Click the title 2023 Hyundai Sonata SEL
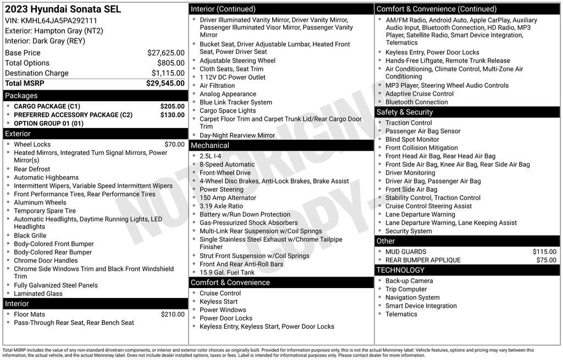pos(63,9)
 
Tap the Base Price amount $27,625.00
pos(165,53)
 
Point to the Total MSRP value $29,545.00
pos(165,83)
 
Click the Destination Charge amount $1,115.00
pos(168,73)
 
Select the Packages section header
pos(21,96)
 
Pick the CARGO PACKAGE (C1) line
pos(47,107)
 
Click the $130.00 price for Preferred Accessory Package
pos(172,115)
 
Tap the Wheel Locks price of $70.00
pos(174,145)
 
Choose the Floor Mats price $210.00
pos(173,314)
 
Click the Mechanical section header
pos(209,146)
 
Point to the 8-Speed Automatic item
pos(227,164)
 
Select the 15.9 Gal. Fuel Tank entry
pos(227,272)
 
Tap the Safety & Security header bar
pos(405,112)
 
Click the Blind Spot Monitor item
pos(412,140)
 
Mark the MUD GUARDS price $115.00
pos(544,252)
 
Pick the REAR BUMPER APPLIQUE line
pos(423,260)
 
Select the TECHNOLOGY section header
pos(400,270)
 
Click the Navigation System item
pos(412,297)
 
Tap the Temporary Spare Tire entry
pos(45,211)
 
